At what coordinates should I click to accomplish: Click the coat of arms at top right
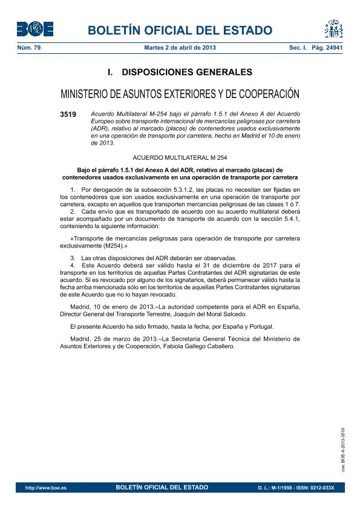333,29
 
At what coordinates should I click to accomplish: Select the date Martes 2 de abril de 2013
180,47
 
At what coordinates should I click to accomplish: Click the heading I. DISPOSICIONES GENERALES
180,72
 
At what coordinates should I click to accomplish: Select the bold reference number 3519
68,114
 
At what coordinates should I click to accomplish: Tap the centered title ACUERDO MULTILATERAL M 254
180,157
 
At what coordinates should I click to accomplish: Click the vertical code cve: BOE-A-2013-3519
343,448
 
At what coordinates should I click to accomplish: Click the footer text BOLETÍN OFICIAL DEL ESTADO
162,487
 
